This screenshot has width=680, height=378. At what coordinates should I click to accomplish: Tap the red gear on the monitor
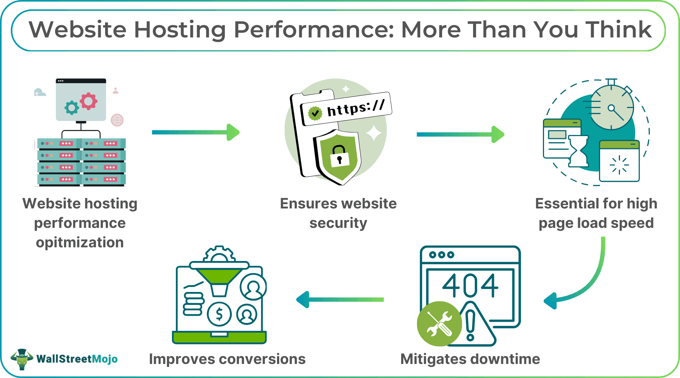pyautogui.click(x=89, y=101)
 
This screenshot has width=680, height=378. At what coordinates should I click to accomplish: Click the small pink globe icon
pyautogui.click(x=117, y=120)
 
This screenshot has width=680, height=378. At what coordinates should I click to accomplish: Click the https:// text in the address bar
pyautogui.click(x=355, y=108)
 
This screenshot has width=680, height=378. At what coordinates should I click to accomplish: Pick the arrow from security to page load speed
pyautogui.click(x=460, y=134)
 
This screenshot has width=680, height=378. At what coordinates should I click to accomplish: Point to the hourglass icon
pyautogui.click(x=578, y=151)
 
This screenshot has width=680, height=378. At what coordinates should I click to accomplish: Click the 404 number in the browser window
pyautogui.click(x=470, y=286)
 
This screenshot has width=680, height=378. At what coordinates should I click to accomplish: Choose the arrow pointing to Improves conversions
pyautogui.click(x=340, y=300)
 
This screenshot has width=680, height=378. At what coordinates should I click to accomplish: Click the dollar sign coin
pyautogui.click(x=219, y=314)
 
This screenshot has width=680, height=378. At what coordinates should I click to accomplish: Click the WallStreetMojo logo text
pyautogui.click(x=77, y=359)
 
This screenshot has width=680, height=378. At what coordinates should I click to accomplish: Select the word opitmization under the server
pyautogui.click(x=80, y=243)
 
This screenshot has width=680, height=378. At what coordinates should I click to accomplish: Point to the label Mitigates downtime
pyautogui.click(x=470, y=359)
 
